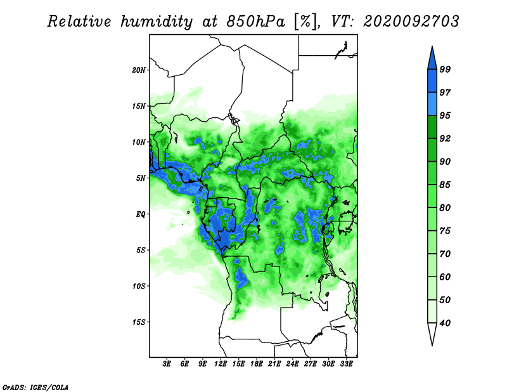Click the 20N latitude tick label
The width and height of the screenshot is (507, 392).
139,70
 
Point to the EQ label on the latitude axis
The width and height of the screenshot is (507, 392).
141,214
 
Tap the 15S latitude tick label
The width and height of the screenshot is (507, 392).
139,322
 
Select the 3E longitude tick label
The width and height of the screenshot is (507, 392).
167,364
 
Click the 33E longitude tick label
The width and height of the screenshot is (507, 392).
346,364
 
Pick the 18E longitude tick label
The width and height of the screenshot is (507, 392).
257,364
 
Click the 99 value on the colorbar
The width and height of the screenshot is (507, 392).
445,69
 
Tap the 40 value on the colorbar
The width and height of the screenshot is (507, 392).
445,323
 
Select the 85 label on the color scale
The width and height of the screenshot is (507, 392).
445,185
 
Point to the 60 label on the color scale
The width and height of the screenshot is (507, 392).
445,277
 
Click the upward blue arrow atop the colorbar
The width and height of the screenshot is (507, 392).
432,58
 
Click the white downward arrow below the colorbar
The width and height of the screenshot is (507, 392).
432,334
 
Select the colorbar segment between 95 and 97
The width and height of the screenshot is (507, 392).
432,104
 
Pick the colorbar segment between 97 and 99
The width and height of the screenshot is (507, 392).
432,81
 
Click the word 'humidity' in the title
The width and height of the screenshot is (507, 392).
157,22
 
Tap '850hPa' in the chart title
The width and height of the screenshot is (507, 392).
256,22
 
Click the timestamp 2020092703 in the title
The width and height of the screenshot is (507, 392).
411,22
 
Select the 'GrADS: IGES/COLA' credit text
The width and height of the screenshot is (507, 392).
35,387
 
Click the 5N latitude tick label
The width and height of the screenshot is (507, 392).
141,178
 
